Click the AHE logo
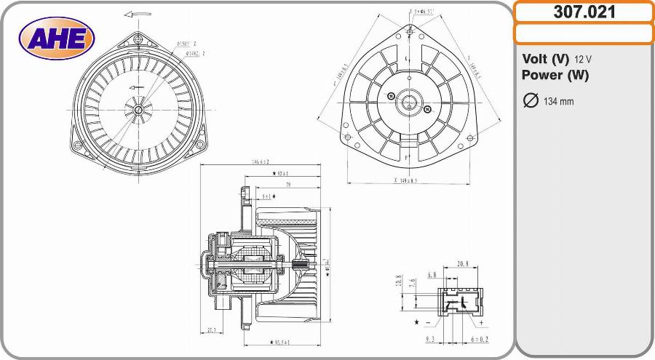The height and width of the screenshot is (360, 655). click(57, 37)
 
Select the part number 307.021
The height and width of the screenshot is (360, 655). click(584, 12)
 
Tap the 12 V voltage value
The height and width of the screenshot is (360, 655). click(583, 59)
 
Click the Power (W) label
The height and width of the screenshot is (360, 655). click(555, 75)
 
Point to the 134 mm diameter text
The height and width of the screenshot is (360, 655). click(558, 101)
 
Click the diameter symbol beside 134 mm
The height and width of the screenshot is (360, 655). click(531, 100)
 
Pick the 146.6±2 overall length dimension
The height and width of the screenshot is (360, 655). click(260, 162)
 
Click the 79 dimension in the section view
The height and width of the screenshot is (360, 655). click(289, 185)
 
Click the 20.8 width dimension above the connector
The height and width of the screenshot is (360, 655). click(462, 263)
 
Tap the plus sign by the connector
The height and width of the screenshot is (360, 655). click(482, 321)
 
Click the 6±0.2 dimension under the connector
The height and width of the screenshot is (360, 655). click(480, 340)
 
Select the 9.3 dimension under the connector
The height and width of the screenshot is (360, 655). click(430, 340)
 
